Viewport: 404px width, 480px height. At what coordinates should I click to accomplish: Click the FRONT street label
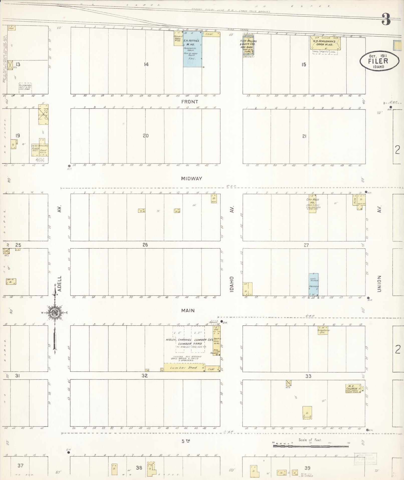click(190, 102)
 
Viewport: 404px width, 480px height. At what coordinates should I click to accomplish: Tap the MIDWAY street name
click(192, 179)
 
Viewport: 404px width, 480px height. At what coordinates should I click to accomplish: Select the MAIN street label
click(188, 310)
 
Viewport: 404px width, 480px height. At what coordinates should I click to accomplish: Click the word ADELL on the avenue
click(59, 284)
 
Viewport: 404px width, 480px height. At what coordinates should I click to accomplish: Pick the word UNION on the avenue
click(379, 284)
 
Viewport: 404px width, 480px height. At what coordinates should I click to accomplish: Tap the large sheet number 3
click(386, 20)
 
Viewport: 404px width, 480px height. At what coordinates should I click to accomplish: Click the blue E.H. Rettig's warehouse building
click(192, 49)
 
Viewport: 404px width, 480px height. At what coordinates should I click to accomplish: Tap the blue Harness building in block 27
click(313, 285)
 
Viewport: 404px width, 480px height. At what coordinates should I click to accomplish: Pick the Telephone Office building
click(323, 330)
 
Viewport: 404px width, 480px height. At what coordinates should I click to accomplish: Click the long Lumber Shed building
click(184, 367)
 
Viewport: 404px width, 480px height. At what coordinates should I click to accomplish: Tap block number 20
click(146, 136)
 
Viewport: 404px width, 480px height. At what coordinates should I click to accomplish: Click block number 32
click(145, 376)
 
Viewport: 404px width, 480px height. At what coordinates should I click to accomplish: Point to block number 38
click(139, 467)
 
